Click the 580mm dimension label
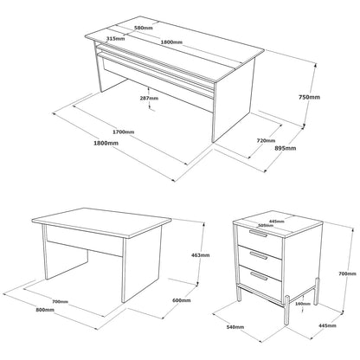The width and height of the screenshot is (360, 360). (x=144, y=28)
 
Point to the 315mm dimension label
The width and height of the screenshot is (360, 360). (x=115, y=38)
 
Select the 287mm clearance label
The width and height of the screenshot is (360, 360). (x=149, y=98)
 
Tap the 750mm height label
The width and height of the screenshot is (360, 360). (x=309, y=97)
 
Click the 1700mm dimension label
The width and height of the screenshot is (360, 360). (x=124, y=132)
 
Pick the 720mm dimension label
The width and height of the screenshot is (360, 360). (x=266, y=140)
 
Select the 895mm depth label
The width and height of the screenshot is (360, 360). (x=286, y=148)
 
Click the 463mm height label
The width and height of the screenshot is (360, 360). (x=201, y=255)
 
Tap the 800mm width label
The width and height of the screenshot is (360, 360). (x=45, y=310)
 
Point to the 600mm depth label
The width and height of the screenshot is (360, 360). (x=182, y=300)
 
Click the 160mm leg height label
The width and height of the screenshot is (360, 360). (x=304, y=304)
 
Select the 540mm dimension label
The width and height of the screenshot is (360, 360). (x=235, y=327)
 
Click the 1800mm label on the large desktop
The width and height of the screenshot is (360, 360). (x=171, y=42)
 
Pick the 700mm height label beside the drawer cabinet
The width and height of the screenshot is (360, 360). (x=347, y=273)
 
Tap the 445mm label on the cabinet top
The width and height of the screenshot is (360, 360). (x=277, y=222)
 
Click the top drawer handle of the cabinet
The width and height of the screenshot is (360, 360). (x=258, y=233)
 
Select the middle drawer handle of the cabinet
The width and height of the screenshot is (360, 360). (x=259, y=254)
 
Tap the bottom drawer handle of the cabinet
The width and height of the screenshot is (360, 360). (x=259, y=276)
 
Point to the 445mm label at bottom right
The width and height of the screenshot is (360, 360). (x=327, y=325)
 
